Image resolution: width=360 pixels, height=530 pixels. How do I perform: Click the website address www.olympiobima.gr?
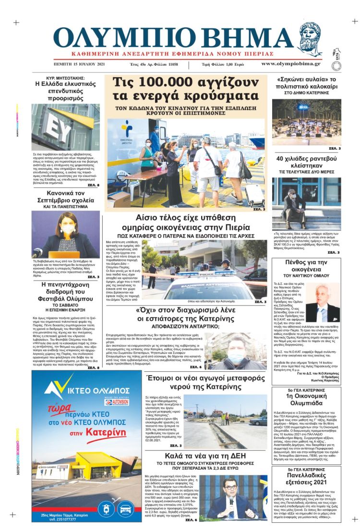291,64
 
